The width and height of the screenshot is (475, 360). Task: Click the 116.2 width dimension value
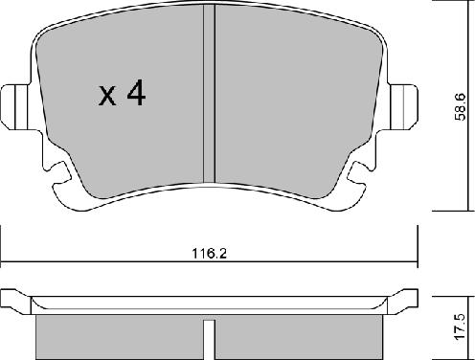[209, 254]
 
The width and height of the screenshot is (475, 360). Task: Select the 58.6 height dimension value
[461, 107]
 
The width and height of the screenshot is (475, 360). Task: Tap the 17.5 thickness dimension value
[461, 326]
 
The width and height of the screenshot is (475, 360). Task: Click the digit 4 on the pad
[136, 93]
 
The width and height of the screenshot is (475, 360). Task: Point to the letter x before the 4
[107, 96]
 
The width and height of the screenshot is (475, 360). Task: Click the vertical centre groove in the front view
[210, 93]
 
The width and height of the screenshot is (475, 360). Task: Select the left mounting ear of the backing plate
[15, 107]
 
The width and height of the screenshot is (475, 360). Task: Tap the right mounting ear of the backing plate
[403, 107]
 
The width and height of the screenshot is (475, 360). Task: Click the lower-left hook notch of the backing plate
[60, 172]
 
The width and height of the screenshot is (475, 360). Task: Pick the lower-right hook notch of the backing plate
[358, 172]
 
